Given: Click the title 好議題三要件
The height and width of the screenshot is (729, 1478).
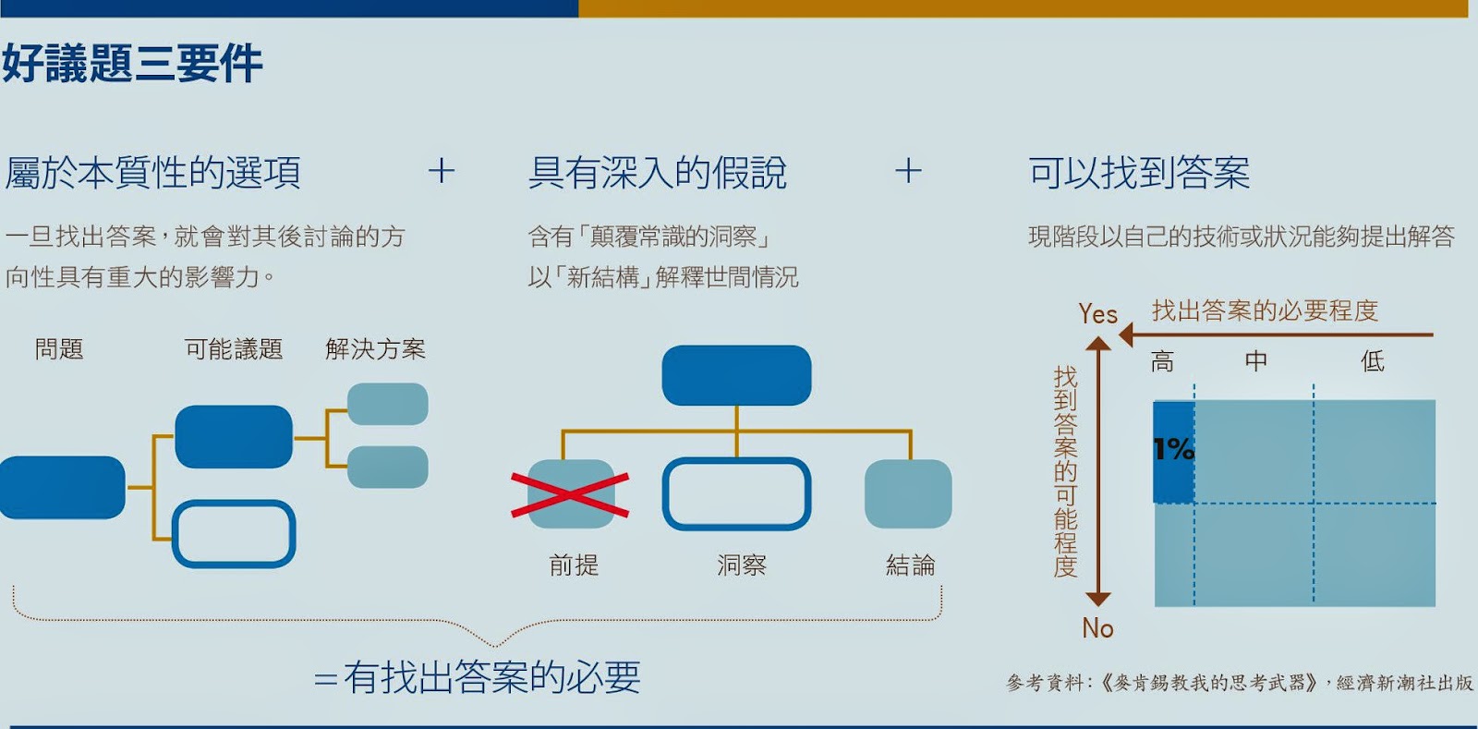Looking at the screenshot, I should (132, 64).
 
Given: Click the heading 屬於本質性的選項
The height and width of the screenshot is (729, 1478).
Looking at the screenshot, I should (153, 173).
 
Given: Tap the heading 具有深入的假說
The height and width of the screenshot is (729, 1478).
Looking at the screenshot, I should (657, 173).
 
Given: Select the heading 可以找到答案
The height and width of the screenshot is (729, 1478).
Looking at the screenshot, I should (1139, 173).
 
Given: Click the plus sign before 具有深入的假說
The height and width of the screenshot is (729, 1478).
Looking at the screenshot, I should (442, 171).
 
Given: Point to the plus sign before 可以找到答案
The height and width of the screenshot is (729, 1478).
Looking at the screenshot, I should (908, 171).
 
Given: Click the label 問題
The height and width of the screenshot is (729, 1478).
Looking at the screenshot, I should (59, 349).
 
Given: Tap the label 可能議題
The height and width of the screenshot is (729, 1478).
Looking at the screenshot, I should (234, 349).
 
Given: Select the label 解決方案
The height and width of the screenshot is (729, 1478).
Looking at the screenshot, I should (375, 349).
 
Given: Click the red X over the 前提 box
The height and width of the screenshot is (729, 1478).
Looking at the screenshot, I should (570, 494).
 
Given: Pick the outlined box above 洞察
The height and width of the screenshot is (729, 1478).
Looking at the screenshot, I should (736, 494).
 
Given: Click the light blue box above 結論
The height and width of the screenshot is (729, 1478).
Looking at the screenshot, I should (908, 494).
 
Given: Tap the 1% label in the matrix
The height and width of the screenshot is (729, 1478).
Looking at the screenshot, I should (1173, 450).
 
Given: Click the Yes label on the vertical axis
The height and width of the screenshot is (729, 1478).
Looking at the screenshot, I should (1097, 315).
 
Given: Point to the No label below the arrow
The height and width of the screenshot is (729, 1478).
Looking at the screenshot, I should (1097, 628).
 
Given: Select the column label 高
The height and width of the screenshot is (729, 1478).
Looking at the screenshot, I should (1162, 361).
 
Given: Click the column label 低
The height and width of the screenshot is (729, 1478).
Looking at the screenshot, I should (1373, 361).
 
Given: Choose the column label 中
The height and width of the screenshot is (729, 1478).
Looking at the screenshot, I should (1255, 361).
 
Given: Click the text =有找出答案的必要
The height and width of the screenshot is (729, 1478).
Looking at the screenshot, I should (478, 677).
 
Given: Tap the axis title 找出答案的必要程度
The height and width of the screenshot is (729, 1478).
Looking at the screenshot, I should (1265, 310).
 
